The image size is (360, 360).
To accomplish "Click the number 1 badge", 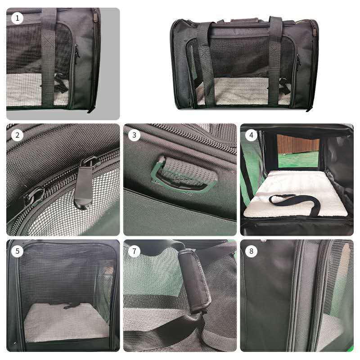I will (18, 18).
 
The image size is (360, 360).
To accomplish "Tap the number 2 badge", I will (18, 135).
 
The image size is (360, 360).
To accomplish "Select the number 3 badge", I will (134, 135).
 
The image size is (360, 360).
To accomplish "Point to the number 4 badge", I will (251, 135).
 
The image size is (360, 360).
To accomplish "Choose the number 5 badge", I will (18, 251).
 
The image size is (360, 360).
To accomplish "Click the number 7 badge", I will (134, 251).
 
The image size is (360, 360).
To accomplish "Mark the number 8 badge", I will (251, 251).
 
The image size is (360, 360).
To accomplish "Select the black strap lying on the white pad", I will (295, 201).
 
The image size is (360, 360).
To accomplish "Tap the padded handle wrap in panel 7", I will (194, 279).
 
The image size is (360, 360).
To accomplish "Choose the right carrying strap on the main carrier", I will (275, 63).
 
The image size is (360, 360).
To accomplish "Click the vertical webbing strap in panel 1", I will (49, 58).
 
